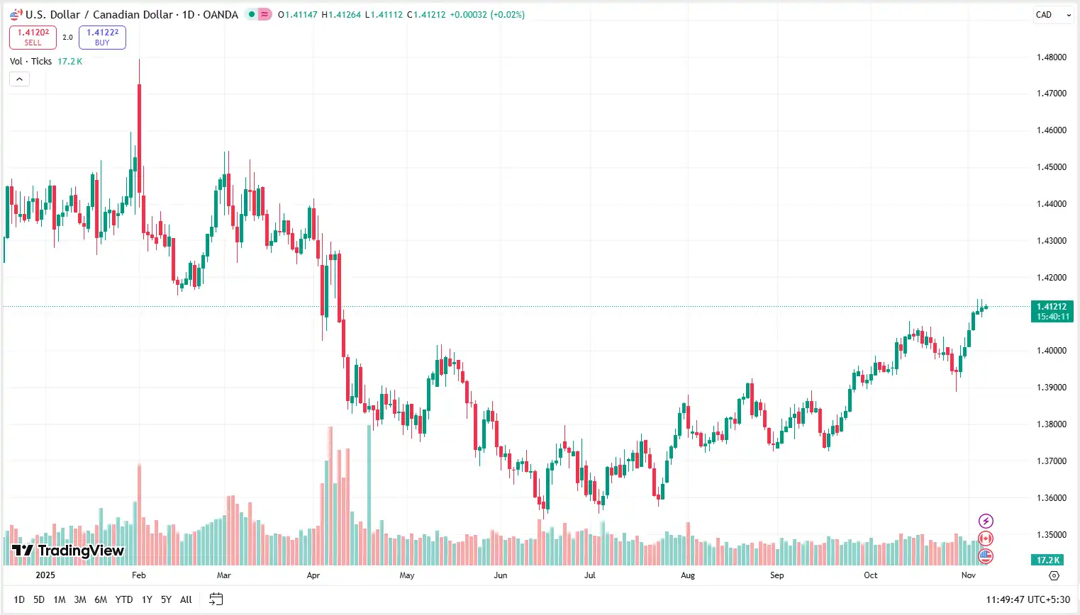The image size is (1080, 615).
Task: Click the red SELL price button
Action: [x=33, y=37]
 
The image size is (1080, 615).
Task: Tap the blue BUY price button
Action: [x=102, y=37]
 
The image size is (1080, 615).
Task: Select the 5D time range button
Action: [x=39, y=599]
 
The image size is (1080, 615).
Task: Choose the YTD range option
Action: [x=123, y=599]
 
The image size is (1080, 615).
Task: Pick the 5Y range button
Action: [x=166, y=599]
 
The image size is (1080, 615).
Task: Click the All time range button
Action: [x=186, y=599]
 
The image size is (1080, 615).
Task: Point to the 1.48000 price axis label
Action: [x=1051, y=57]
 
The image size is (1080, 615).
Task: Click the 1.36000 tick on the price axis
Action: [x=1051, y=498]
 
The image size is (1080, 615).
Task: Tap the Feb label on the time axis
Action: [x=139, y=575]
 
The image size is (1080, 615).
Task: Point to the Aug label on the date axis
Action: [x=688, y=575]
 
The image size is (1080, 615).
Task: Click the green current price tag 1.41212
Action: [x=1052, y=311]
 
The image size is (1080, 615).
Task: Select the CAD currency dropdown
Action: [x=1052, y=15]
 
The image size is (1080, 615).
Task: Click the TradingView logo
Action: [x=68, y=551]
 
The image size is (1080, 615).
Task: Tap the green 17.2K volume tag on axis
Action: [x=1048, y=560]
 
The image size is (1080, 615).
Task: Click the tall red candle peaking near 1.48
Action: [x=139, y=135]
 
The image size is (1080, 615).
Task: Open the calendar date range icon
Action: [x=216, y=599]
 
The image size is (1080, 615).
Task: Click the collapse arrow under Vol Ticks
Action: [x=20, y=79]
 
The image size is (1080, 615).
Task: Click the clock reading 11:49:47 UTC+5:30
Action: [x=1028, y=599]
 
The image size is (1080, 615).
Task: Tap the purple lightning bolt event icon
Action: [x=986, y=521]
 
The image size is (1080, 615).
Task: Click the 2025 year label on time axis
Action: [x=45, y=575]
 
